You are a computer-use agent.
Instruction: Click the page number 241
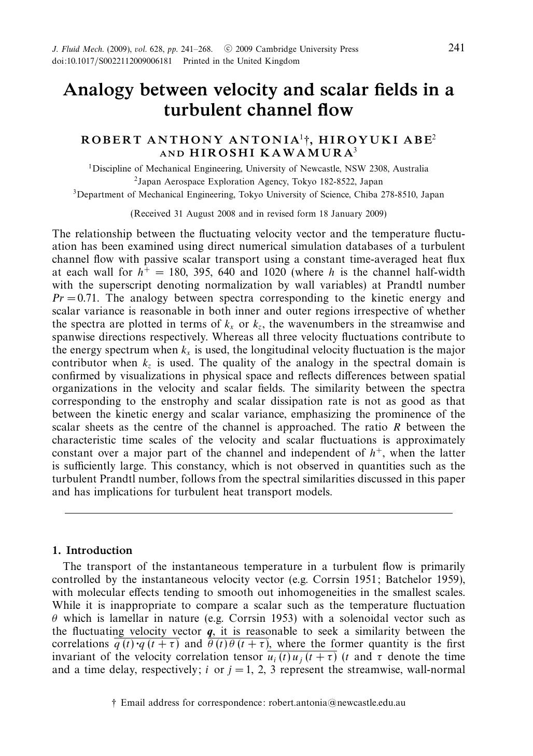[456, 48]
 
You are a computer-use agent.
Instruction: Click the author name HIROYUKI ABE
[374, 140]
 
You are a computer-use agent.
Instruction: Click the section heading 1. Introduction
[92, 550]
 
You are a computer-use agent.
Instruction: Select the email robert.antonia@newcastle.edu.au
[336, 703]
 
